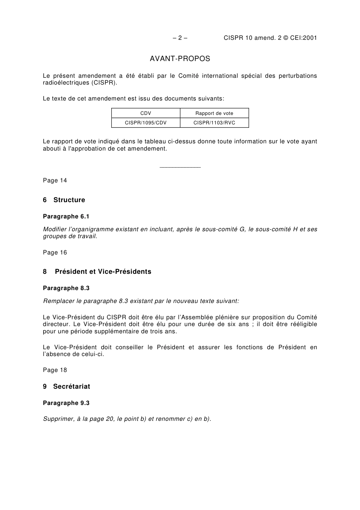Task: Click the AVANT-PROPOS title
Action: tap(180, 59)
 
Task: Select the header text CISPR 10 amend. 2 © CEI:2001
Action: tap(270, 38)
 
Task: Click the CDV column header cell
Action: tap(146, 113)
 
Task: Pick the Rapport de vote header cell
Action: tap(214, 113)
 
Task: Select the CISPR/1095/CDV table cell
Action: tap(146, 123)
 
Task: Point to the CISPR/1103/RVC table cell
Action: tap(214, 123)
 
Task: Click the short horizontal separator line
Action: tap(180, 167)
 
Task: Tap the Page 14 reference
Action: tap(55, 180)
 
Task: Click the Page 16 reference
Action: tap(55, 253)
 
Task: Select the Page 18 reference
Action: tap(55, 370)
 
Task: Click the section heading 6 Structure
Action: tap(64, 200)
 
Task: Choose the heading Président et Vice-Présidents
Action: tap(103, 272)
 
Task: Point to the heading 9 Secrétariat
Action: tap(67, 387)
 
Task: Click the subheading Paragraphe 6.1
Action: tap(66, 217)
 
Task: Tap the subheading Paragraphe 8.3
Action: tap(66, 288)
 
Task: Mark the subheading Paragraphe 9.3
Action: tap(66, 403)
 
